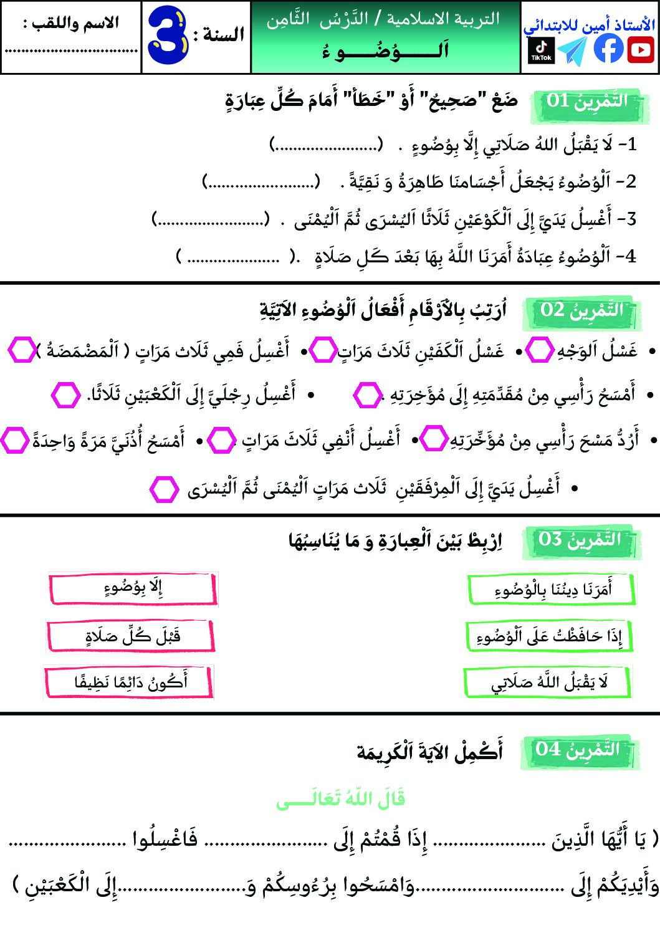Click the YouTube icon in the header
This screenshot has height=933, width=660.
pyautogui.click(x=641, y=50)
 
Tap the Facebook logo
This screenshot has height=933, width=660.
pyautogui.click(x=608, y=49)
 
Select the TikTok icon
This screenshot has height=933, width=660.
pyautogui.click(x=541, y=50)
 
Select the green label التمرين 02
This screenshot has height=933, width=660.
pyautogui.click(x=581, y=311)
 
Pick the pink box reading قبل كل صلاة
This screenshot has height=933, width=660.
pyautogui.click(x=131, y=636)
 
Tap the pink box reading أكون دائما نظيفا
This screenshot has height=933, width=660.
pyautogui.click(x=129, y=682)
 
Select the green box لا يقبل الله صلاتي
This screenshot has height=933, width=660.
pyautogui.click(x=547, y=683)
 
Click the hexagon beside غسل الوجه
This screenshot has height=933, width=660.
pyautogui.click(x=539, y=350)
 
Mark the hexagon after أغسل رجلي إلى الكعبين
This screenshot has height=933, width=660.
pyautogui.click(x=65, y=395)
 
